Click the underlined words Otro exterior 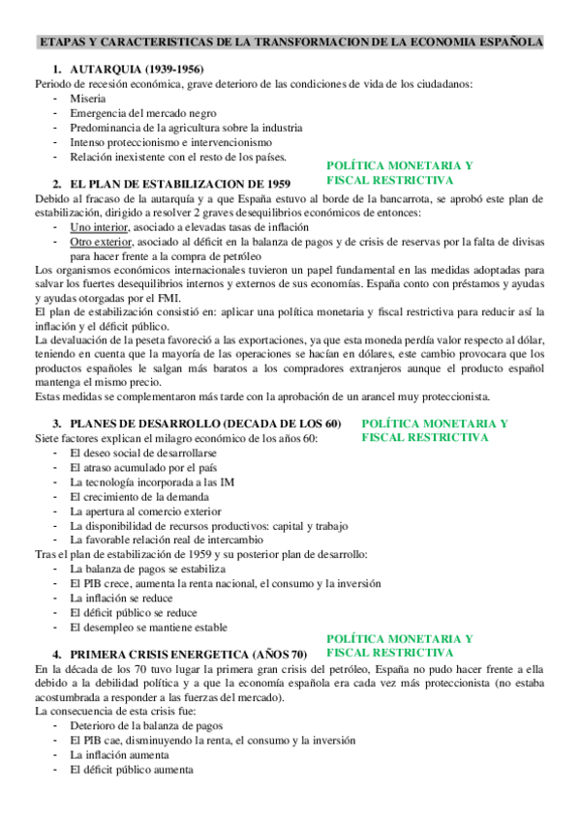coord(99,242)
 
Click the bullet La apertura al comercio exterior coord(145,511)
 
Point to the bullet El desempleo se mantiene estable coord(148,627)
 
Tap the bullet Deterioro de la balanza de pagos coord(146,725)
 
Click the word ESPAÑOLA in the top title coord(503,43)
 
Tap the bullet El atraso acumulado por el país coord(141,467)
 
